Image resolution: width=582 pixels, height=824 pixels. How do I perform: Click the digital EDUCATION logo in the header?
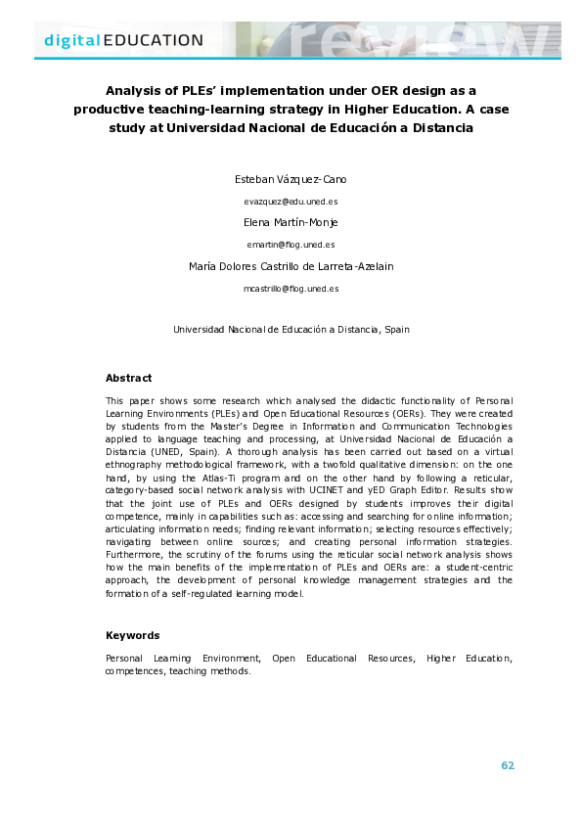tap(124, 40)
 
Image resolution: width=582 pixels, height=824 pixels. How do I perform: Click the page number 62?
tap(508, 765)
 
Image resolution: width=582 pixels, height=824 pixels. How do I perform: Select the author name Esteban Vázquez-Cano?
tap(291, 181)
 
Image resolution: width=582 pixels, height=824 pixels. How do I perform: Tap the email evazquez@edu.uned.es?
tap(291, 201)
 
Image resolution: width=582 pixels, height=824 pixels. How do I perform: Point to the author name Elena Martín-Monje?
tap(291, 222)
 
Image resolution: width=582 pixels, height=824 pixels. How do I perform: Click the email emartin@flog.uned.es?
tap(291, 244)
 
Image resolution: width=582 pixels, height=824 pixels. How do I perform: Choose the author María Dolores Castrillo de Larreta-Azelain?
tap(291, 265)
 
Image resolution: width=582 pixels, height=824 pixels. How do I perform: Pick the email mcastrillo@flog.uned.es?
tap(291, 289)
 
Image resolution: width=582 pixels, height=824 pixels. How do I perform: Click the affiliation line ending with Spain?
tap(291, 330)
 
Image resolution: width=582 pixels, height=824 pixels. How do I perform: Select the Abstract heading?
tap(129, 378)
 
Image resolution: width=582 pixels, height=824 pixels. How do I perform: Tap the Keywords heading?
tap(132, 635)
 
